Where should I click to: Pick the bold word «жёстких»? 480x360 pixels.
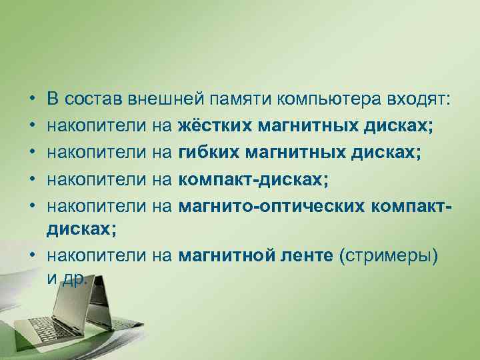pyautogui.click(x=212, y=126)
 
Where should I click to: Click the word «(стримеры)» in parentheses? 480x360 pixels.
pyautogui.click(x=388, y=256)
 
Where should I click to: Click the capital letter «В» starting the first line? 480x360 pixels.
pyautogui.click(x=53, y=100)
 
